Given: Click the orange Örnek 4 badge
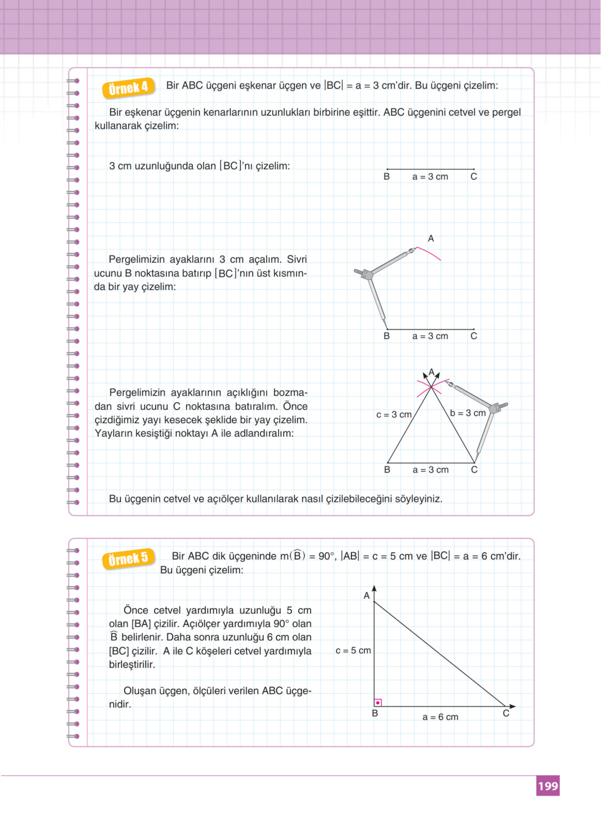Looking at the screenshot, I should tap(128, 88).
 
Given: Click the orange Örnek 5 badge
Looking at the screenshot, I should tap(128, 559).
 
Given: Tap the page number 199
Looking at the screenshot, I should tap(548, 786).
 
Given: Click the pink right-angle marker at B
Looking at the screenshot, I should tap(378, 703).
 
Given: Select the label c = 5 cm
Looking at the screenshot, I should tap(353, 651).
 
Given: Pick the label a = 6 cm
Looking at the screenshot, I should tap(440, 717).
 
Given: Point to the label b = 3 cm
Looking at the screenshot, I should tap(468, 413).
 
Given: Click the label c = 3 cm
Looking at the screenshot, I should tap(394, 415).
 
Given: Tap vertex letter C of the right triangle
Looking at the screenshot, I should tap(506, 713).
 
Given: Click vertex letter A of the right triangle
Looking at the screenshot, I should tap(366, 596).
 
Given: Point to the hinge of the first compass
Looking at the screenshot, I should tap(366, 274).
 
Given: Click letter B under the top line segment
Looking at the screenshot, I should tap(386, 177).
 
